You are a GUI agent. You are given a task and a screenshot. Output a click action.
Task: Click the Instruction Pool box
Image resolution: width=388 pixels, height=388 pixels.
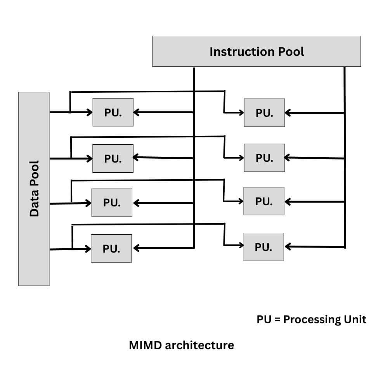tap(256, 51)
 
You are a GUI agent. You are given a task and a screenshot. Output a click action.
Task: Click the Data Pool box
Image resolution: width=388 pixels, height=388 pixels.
tap(34, 189)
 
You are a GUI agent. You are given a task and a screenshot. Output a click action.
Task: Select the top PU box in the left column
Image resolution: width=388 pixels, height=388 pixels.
tap(113, 112)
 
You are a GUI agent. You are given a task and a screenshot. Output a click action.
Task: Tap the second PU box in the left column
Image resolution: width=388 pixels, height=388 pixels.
tap(113, 158)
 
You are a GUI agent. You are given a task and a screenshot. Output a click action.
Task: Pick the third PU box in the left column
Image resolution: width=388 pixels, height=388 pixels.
tap(112, 203)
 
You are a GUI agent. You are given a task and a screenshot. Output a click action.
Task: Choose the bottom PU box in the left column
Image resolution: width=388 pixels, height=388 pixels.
tap(111, 248)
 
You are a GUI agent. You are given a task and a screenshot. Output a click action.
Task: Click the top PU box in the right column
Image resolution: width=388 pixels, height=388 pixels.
tap(264, 113)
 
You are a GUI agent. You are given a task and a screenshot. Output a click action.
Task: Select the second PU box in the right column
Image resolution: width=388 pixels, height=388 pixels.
tap(264, 158)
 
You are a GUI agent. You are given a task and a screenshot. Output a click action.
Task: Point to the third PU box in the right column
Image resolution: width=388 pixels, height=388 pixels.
tap(264, 201)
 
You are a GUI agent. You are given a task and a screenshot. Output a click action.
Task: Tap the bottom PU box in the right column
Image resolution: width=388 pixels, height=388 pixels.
tap(263, 247)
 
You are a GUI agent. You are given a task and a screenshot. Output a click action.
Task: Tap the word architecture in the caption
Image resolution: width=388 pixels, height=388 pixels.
tap(199, 345)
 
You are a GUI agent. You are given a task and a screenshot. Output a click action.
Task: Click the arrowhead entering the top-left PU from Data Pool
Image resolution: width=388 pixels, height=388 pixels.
tap(89, 113)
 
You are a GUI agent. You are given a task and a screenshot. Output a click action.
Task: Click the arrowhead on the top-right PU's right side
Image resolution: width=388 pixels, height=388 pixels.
tap(288, 113)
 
